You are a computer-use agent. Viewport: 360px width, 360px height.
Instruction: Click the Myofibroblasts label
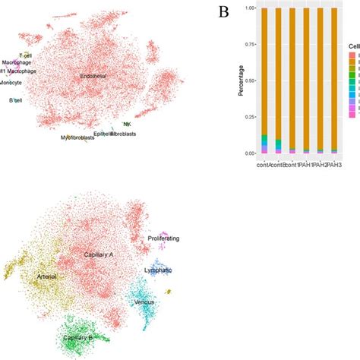[x=78, y=137]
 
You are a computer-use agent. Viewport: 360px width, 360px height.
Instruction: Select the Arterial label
[x=47, y=278]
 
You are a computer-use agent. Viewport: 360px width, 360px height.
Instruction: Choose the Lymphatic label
[x=158, y=270]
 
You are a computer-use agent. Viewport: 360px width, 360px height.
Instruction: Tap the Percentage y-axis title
[x=219, y=80]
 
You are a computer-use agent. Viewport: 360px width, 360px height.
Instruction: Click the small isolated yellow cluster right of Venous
[x=169, y=291]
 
